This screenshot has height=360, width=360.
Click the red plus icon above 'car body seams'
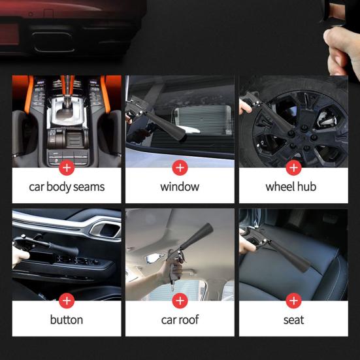[x=66, y=167]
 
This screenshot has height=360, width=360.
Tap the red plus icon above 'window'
[x=180, y=167]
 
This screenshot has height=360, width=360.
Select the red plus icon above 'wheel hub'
[x=293, y=167]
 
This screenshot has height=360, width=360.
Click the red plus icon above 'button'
[x=66, y=301]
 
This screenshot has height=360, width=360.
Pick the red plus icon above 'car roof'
[x=180, y=301]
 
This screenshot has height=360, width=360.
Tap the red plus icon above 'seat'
[x=293, y=301]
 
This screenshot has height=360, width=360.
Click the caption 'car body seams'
[x=66, y=187]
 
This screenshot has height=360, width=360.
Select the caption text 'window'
[x=180, y=187]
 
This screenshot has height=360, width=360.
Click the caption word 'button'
[x=66, y=320]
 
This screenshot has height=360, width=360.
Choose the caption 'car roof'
[x=180, y=320]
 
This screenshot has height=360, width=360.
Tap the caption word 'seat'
[x=293, y=320]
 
